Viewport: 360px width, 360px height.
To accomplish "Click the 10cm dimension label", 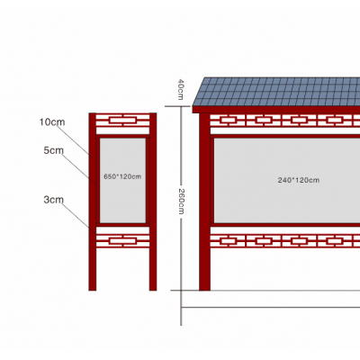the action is click(x=52, y=122).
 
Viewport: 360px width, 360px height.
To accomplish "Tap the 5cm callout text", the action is click(x=54, y=150).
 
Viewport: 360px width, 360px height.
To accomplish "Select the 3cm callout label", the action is click(x=54, y=200).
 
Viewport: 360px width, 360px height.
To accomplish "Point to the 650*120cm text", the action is click(x=122, y=176).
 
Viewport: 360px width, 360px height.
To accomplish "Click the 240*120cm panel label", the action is click(x=299, y=180).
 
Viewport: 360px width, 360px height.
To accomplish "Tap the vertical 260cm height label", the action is click(x=181, y=202).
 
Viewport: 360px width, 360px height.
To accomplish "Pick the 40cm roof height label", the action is click(x=181, y=89).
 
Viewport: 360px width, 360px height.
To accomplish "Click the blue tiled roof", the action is click(x=277, y=92).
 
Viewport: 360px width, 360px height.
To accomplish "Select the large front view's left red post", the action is click(x=204, y=202).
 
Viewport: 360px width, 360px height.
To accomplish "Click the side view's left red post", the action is click(x=93, y=202).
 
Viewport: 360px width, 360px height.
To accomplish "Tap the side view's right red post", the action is click(x=153, y=202).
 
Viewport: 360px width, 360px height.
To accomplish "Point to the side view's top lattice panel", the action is click(x=122, y=121).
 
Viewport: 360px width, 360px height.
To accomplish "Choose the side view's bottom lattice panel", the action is click(x=122, y=241).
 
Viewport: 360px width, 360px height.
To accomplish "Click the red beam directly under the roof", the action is click(x=276, y=110).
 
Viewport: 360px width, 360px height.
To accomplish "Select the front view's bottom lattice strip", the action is click(x=285, y=241).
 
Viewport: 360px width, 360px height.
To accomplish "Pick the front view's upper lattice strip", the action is click(x=285, y=121).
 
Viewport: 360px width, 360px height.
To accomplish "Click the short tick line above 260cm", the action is click(x=177, y=106).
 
